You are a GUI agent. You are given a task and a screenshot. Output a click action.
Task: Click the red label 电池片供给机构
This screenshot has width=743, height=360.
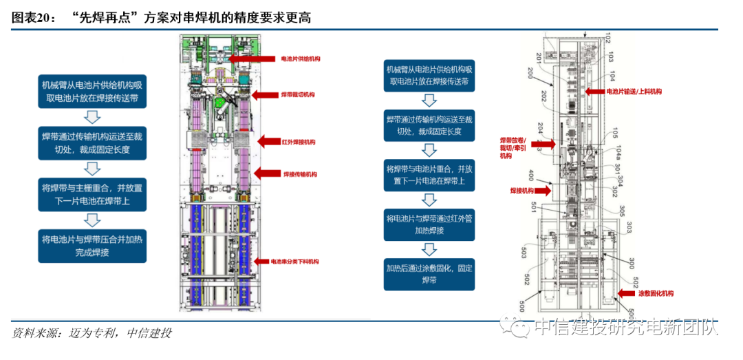pyautogui.click(x=301, y=59)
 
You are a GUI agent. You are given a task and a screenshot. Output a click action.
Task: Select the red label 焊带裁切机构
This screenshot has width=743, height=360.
pyautogui.click(x=297, y=94)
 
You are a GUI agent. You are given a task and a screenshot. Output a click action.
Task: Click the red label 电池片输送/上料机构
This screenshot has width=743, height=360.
pyautogui.click(x=633, y=92)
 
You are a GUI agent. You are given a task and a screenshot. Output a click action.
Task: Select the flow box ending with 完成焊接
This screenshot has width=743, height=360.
pyautogui.click(x=92, y=246)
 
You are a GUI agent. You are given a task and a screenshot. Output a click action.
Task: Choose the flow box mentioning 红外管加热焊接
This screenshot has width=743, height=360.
pyautogui.click(x=429, y=225)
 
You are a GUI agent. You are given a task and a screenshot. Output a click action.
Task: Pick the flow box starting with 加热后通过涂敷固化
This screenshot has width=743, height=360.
pyautogui.click(x=429, y=274)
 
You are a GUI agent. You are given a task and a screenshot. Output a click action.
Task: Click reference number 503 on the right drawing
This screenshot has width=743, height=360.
pyautogui.click(x=524, y=254)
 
